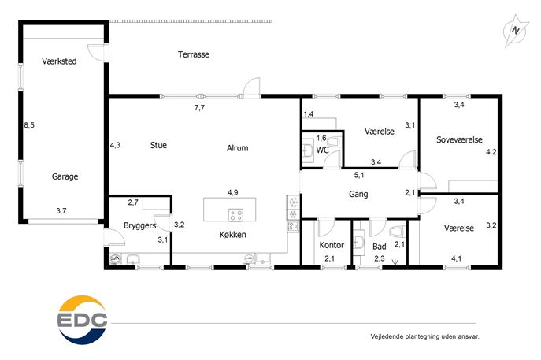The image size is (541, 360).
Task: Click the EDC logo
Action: (82, 320)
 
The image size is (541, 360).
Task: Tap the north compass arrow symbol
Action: (516, 31)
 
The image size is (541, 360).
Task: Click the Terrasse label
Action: (194, 54)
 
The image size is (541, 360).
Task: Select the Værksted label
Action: (59, 61)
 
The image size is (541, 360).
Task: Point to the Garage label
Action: (65, 176)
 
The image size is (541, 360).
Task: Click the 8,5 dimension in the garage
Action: (29, 125)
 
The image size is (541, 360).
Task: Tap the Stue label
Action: (158, 145)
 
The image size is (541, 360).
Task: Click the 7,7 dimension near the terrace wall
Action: (199, 108)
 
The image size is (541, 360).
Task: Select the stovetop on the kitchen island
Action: (236, 215)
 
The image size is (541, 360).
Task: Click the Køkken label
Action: (233, 235)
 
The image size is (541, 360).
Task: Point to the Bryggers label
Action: (139, 226)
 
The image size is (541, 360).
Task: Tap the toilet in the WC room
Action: (332, 142)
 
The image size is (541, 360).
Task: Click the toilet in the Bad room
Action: (396, 232)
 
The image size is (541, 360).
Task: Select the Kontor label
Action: (332, 245)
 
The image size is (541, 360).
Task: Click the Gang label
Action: (358, 194)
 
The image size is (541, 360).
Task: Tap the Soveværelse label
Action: (459, 139)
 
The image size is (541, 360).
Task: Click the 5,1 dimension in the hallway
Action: (359, 176)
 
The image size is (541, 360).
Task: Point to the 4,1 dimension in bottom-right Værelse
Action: (457, 258)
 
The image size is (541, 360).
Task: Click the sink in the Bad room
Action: (359, 242)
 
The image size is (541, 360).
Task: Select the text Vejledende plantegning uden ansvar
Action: (425, 336)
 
